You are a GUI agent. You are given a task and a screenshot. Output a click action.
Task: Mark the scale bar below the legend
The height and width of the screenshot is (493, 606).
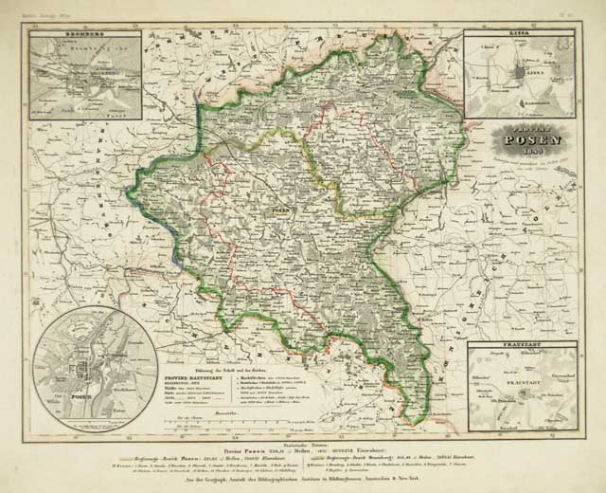[x=237, y=418]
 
